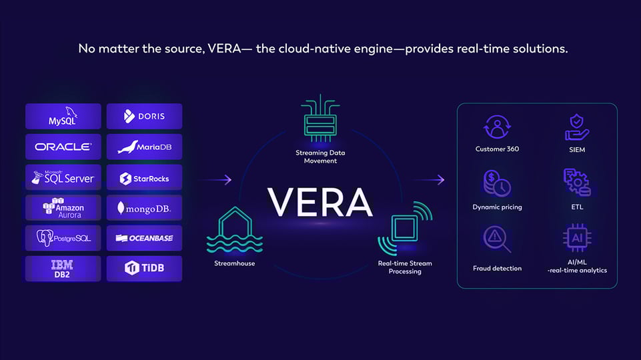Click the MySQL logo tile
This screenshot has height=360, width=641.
pyautogui.click(x=63, y=116)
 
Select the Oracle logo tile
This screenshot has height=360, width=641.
pyautogui.click(x=63, y=147)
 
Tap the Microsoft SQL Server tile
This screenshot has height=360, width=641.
pyautogui.click(x=63, y=177)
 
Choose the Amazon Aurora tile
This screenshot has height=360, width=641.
pyautogui.click(x=63, y=208)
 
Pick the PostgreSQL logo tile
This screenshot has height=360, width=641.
pyautogui.click(x=63, y=238)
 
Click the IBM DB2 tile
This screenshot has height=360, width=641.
pyautogui.click(x=63, y=268)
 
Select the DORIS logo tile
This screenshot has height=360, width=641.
pyautogui.click(x=144, y=116)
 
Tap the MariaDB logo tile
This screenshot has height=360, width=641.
pyautogui.click(x=144, y=147)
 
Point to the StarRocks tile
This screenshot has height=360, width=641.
pyautogui.click(x=144, y=177)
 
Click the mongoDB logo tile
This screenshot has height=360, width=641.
pyautogui.click(x=144, y=208)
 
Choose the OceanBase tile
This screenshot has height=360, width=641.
pyautogui.click(x=144, y=238)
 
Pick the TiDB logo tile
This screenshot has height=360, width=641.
pyautogui.click(x=144, y=268)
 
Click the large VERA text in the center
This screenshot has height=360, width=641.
pyautogui.click(x=320, y=201)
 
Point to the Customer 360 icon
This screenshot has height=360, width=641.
pyautogui.click(x=497, y=127)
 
